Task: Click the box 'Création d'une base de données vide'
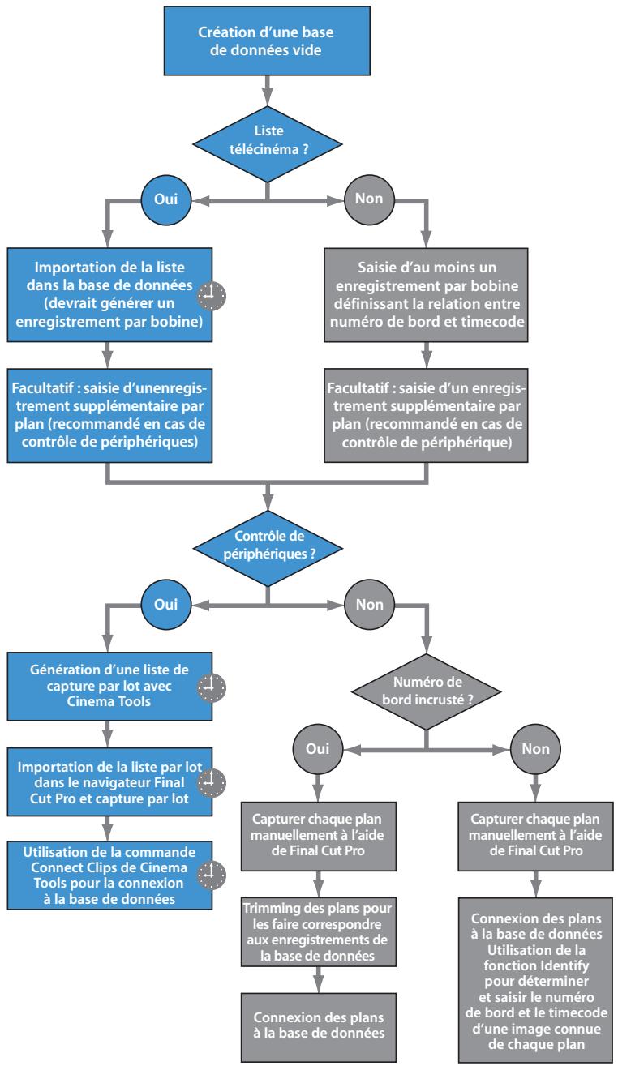(267, 41)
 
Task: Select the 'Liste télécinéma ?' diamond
(267, 144)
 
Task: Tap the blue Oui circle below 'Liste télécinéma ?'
(165, 199)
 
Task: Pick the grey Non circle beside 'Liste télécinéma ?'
(369, 199)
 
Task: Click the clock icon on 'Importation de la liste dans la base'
(212, 296)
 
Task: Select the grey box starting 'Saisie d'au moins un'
(426, 294)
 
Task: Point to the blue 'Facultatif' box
(109, 415)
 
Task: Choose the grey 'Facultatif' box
(426, 415)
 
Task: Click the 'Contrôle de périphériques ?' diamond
(268, 548)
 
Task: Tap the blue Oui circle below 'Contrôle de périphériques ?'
(165, 605)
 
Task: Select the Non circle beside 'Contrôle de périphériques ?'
(370, 605)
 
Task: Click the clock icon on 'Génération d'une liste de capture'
(212, 687)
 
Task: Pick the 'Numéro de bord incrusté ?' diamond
(426, 691)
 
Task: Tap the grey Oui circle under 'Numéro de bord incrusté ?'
(318, 749)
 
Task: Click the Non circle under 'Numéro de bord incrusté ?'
(535, 749)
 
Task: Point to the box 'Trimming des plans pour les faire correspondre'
(319, 931)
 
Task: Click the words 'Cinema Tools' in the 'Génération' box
(109, 701)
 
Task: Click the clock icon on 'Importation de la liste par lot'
(212, 783)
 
